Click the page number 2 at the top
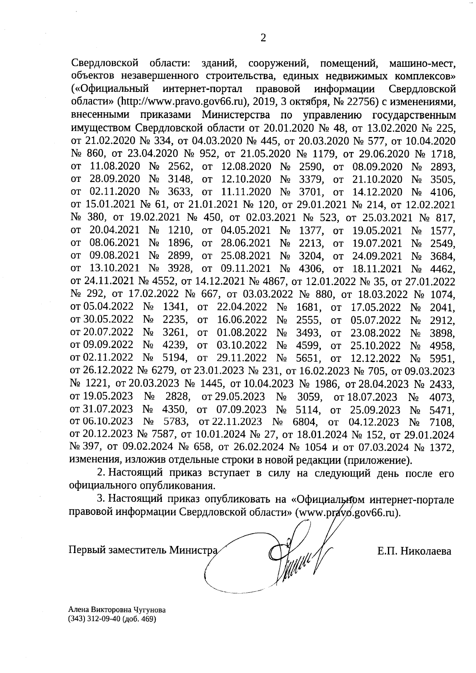(262, 38)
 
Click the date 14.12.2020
(377, 192)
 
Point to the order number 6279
(164, 371)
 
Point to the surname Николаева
(425, 551)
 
